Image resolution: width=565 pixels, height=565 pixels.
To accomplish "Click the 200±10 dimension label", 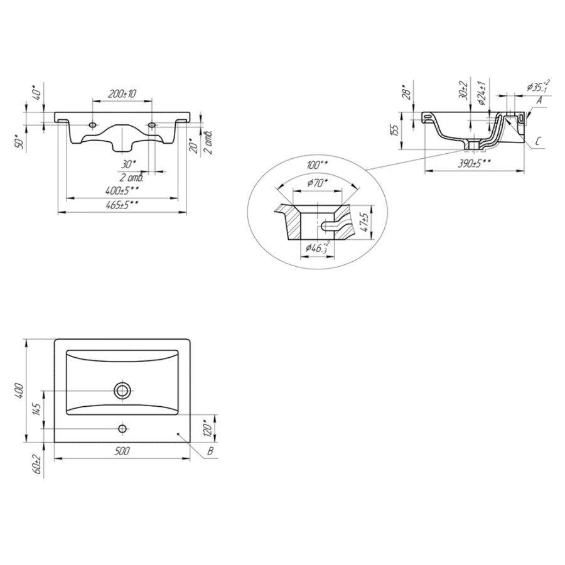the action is [122, 94].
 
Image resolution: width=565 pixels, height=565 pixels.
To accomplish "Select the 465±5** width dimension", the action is [122, 205].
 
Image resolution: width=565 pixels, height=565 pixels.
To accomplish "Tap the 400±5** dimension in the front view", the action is [122, 190].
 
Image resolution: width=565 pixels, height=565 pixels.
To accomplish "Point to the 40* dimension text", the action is [38, 93].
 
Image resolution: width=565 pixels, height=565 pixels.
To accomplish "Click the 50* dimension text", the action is [21, 141].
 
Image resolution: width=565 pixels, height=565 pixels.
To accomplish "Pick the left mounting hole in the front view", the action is [93, 125].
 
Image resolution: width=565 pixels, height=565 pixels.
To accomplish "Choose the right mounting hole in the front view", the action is [152, 125].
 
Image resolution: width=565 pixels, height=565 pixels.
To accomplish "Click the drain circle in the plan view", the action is [122, 390].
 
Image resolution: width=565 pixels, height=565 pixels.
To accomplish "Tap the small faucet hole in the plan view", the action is [122, 428].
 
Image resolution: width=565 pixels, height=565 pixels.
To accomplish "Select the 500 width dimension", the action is [122, 450].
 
